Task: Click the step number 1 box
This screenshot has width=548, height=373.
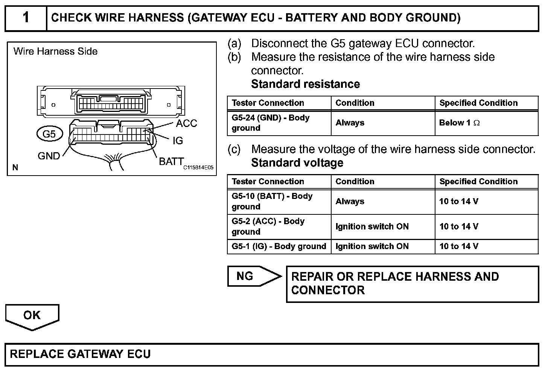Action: [26, 18]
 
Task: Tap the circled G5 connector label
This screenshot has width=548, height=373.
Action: [49, 134]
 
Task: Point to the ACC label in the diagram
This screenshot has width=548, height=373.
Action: [186, 123]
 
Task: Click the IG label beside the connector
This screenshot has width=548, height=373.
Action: [177, 141]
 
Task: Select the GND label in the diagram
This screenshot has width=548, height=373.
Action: [49, 156]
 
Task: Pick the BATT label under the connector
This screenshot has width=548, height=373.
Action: [171, 162]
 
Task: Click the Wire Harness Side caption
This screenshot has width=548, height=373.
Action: [55, 51]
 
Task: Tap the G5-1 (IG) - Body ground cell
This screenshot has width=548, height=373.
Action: [279, 246]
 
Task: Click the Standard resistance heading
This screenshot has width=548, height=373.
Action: [305, 84]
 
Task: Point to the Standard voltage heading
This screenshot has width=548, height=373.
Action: [297, 163]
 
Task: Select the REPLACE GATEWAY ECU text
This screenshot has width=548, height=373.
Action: [80, 354]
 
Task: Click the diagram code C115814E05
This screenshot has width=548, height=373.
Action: [198, 168]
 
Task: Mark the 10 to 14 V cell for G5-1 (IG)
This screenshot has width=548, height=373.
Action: [458, 246]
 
